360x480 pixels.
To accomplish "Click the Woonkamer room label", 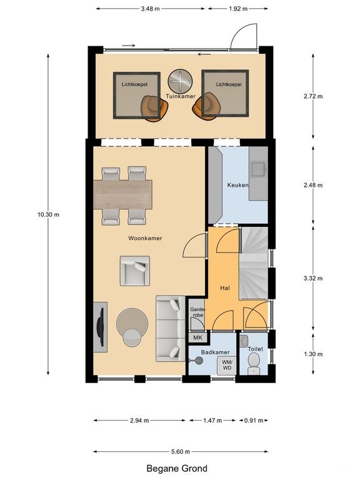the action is [x=145, y=238].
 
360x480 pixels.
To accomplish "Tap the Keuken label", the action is [x=237, y=185].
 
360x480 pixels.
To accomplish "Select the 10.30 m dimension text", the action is [x=48, y=214].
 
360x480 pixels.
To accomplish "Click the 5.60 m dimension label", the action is [x=181, y=451].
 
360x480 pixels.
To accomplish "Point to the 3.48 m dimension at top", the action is [x=150, y=9].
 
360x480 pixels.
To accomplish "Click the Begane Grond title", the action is [x=177, y=468].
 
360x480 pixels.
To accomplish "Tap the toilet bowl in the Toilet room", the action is [x=253, y=364].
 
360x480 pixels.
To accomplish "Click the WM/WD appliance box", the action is [x=227, y=366].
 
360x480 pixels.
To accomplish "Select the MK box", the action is [x=198, y=337].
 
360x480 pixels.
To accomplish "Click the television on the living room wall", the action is [x=101, y=327].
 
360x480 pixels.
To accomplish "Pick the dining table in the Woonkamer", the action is [x=122, y=195].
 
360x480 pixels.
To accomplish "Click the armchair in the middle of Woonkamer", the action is [x=135, y=271].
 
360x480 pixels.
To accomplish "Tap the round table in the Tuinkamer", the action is [x=180, y=81].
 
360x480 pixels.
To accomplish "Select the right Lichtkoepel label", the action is [x=229, y=84].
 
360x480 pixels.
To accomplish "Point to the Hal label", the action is [x=225, y=288].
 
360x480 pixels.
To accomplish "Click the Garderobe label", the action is [x=197, y=312].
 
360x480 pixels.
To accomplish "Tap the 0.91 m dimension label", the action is [x=254, y=420].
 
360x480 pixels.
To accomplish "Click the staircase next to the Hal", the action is [x=254, y=263].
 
